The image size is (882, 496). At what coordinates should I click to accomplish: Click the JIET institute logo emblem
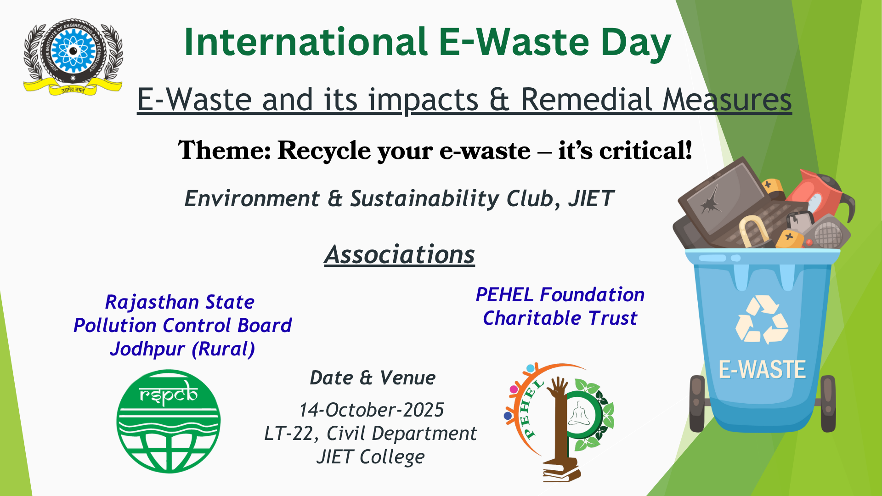pyautogui.click(x=73, y=56)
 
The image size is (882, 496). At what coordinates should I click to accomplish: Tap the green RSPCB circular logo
pyautogui.click(x=169, y=421)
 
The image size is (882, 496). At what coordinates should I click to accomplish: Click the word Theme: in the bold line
pyautogui.click(x=225, y=151)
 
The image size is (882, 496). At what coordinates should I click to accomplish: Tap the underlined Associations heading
pyautogui.click(x=399, y=254)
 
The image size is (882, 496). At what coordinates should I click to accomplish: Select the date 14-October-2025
pyautogui.click(x=371, y=410)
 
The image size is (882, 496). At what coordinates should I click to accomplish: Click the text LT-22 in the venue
pyautogui.click(x=288, y=433)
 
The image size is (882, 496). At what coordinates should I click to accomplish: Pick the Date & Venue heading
pyautogui.click(x=373, y=378)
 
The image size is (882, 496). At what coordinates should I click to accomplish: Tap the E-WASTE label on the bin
pyautogui.click(x=762, y=370)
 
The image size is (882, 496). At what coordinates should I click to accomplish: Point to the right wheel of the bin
pyautogui.click(x=828, y=404)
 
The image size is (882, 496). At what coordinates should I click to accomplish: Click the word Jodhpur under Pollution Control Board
pyautogui.click(x=147, y=349)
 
